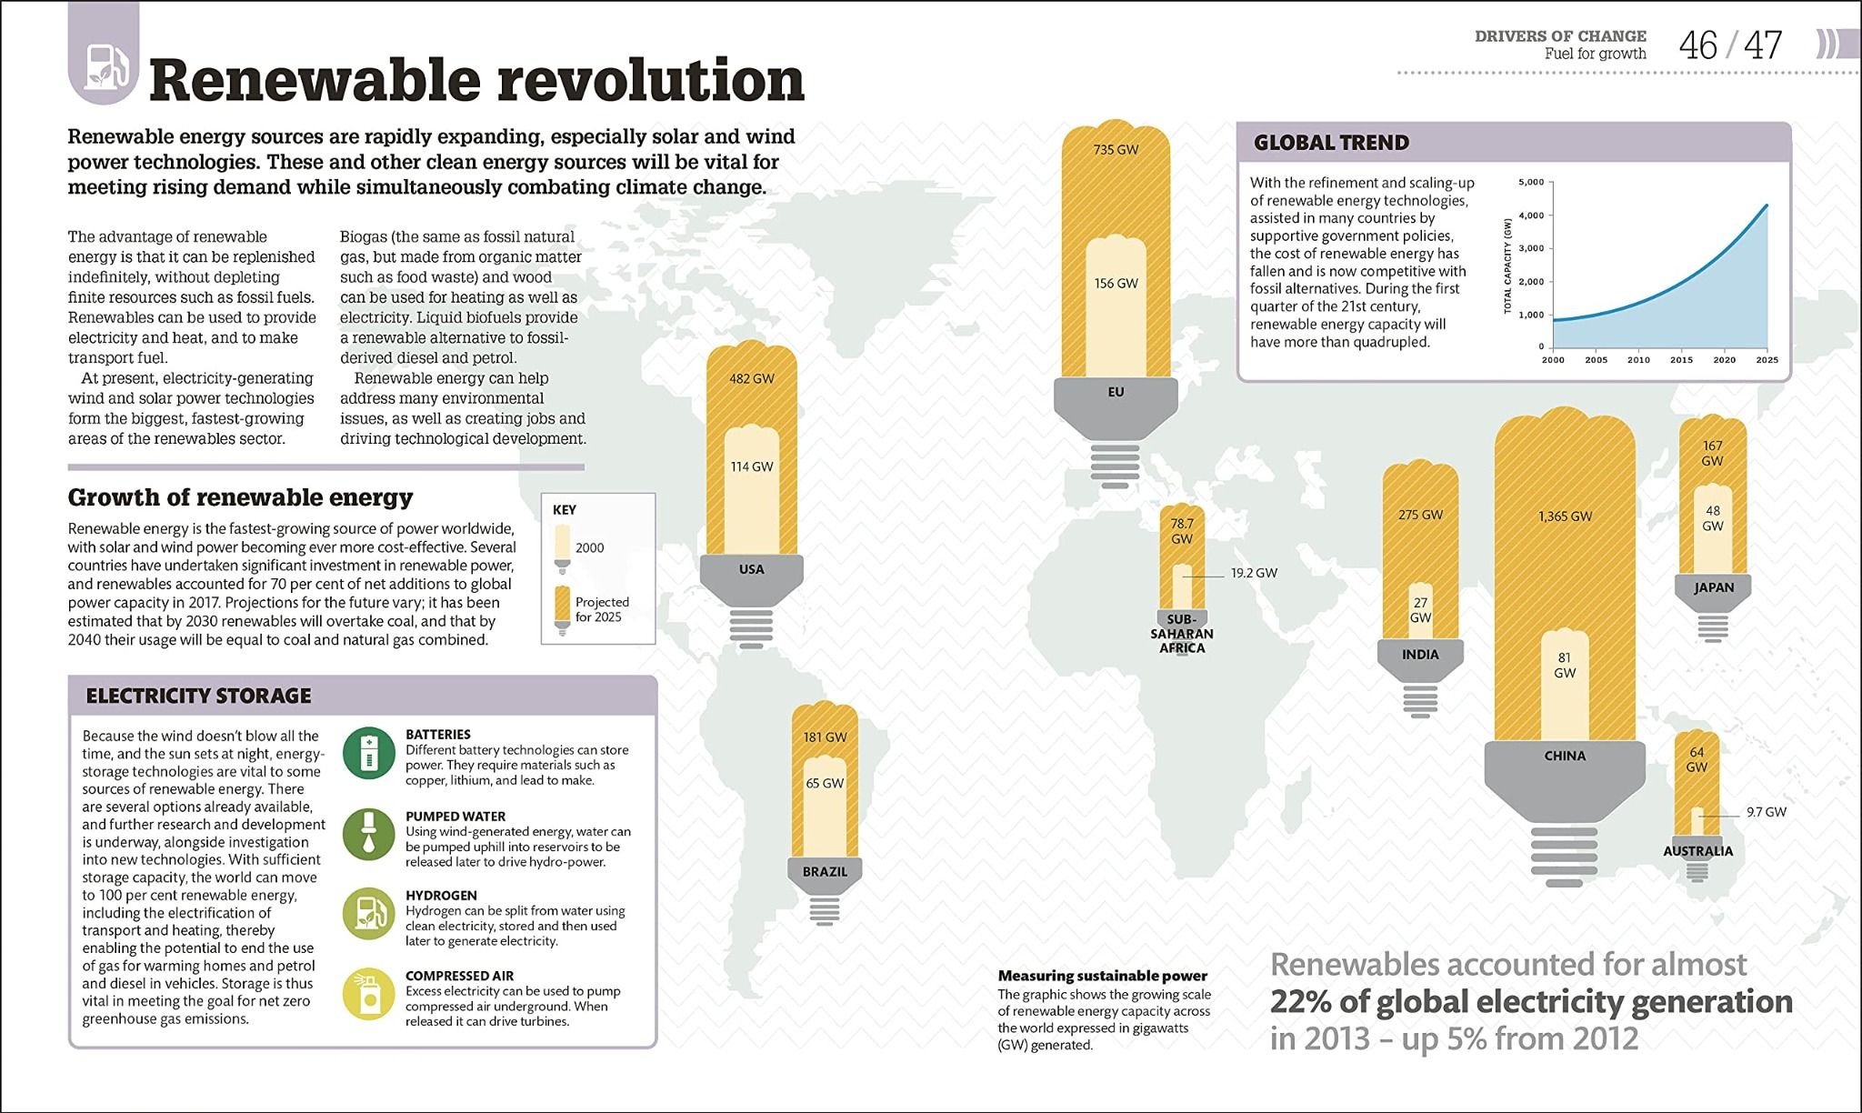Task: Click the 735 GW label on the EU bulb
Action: click(1116, 149)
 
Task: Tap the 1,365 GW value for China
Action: click(1565, 516)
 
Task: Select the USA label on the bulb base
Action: click(752, 569)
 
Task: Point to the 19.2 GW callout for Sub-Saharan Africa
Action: click(1254, 573)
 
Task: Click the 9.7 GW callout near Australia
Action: click(1766, 812)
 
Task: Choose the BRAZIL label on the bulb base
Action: click(825, 872)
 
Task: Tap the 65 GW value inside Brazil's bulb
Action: click(825, 783)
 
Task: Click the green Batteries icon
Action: click(368, 754)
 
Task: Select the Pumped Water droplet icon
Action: click(368, 834)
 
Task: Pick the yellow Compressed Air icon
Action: click(368, 995)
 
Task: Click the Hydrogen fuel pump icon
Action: click(368, 913)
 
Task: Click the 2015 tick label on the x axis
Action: click(1681, 360)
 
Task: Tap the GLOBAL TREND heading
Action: click(1331, 143)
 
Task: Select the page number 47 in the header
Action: click(1764, 45)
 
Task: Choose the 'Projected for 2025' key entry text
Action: click(601, 609)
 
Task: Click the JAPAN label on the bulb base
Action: click(1714, 587)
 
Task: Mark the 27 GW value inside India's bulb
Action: click(1420, 609)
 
